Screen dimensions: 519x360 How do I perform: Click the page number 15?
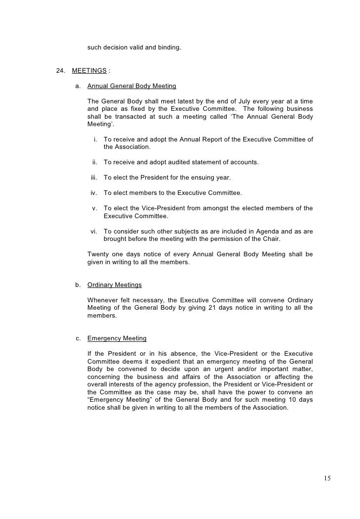tap(327, 478)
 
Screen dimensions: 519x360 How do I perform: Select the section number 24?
tap(61, 70)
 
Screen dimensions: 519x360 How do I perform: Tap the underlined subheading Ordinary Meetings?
tap(114, 284)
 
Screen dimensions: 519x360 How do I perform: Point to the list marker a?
tap(78, 86)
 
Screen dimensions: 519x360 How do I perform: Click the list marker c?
tap(78, 338)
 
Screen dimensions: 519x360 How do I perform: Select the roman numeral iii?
tap(93, 177)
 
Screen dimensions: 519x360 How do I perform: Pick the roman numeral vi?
tap(93, 232)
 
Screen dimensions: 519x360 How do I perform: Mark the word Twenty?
tap(98, 254)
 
